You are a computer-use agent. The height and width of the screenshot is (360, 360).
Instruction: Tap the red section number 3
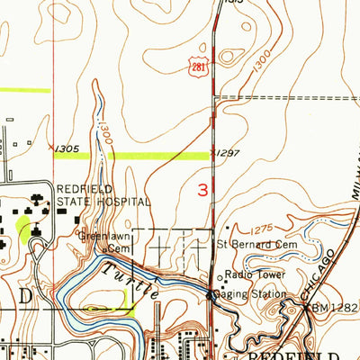(204, 189)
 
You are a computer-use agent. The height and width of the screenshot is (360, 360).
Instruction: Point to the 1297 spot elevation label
(229, 154)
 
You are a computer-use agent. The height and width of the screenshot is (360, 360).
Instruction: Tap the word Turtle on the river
(127, 281)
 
